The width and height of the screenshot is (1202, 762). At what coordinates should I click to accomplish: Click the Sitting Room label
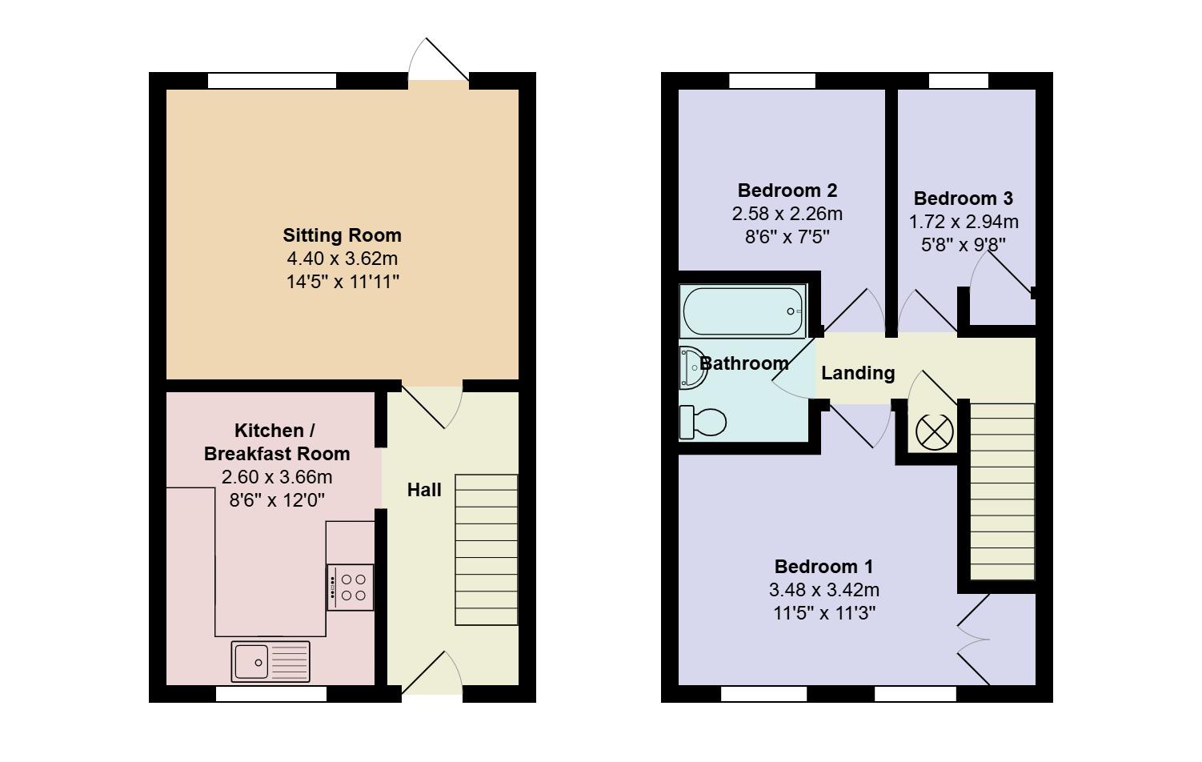pos(342,235)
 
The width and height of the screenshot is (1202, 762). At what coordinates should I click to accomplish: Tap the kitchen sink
pos(270,661)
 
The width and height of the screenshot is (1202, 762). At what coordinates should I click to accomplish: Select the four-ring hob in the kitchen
pos(351,588)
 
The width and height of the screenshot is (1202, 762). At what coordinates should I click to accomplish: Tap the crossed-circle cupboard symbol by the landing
pos(934,432)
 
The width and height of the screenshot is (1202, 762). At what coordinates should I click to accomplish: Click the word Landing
pos(858,373)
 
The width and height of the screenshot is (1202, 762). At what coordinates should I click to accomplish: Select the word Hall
pos(424,490)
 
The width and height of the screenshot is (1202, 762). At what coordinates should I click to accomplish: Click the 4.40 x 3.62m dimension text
pos(342,259)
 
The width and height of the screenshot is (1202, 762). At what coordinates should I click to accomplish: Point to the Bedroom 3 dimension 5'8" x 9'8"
pos(964,244)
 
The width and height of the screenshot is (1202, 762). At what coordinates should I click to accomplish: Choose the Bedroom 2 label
pos(787,190)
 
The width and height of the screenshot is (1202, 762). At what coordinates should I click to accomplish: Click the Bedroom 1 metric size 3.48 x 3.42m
pos(823,590)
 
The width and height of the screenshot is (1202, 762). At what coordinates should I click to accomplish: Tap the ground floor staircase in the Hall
pos(487,550)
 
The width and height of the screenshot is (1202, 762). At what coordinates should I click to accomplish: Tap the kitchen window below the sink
pos(271,694)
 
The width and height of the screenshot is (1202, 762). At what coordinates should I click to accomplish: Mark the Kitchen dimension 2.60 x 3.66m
pos(276,478)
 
